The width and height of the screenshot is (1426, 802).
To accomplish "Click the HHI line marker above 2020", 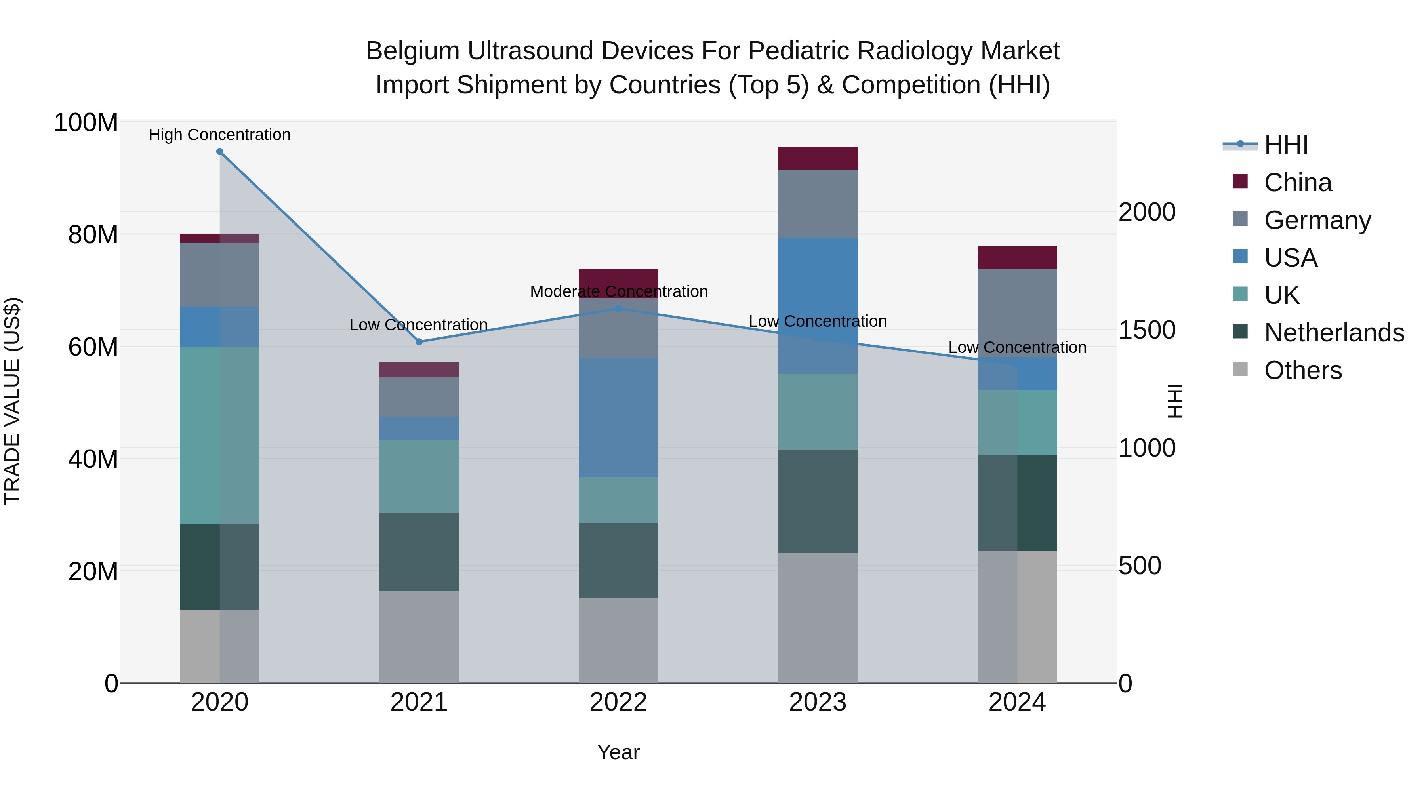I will pos(220,152).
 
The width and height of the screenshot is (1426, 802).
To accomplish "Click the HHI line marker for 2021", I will pos(419,342).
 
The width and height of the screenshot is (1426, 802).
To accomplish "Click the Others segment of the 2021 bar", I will pos(419,636).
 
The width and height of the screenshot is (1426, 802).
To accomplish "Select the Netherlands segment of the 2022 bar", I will pos(618,560).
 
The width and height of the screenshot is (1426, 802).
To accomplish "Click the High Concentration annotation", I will pos(220,135).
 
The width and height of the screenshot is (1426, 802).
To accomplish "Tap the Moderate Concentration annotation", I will pos(618,291).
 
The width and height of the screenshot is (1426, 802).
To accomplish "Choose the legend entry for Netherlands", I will pos(1334,333).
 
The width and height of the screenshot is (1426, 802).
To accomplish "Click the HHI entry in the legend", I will pos(1286,145).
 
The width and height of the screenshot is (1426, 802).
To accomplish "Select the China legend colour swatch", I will pos(1241,181).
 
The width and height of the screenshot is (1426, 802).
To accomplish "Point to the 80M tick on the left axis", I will pos(93,235).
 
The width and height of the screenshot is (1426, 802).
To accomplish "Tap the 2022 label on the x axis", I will pos(618,702).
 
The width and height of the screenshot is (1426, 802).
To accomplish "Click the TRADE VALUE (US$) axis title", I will pos(12,401).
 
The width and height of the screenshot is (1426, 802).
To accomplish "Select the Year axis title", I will pos(618,752).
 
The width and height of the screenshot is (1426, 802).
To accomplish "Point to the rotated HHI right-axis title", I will pos(1175,401).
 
